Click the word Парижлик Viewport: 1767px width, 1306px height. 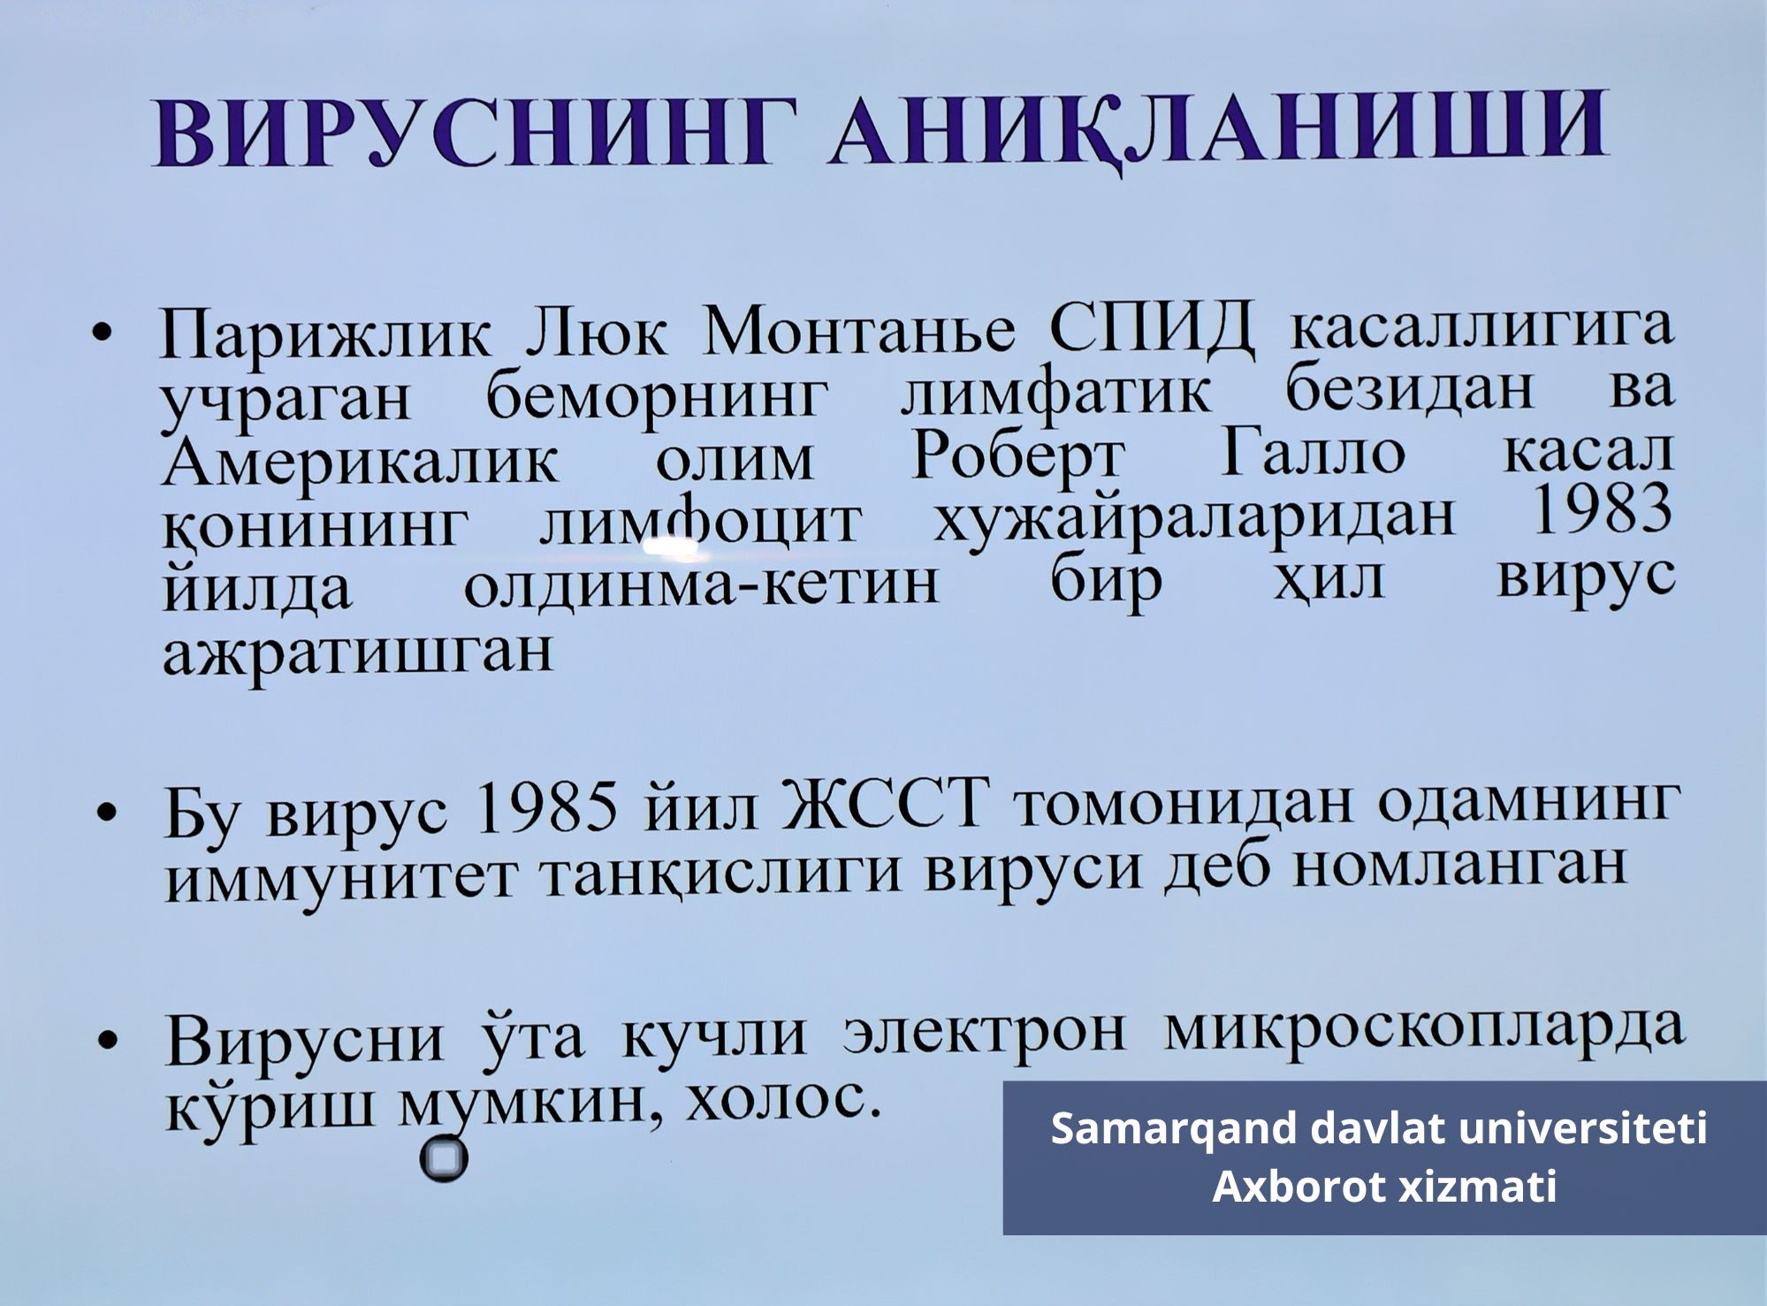(324, 335)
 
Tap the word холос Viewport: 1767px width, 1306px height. (783, 1099)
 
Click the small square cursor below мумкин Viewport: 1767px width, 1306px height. (444, 1159)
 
